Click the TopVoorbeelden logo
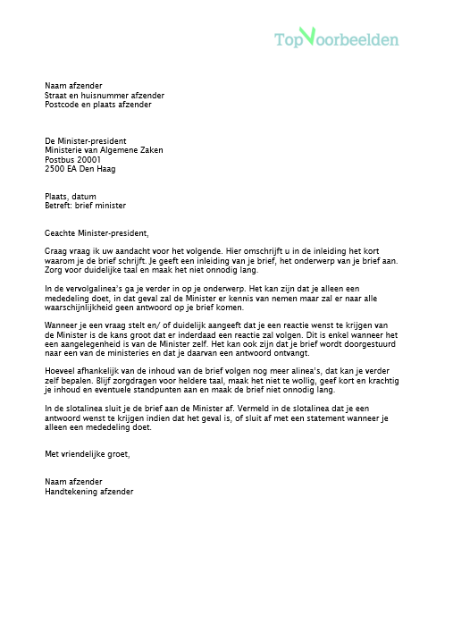point(336,38)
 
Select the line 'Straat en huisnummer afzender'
point(104,95)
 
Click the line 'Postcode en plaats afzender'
point(98,104)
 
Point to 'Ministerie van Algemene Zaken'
point(104,150)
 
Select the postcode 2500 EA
point(61,168)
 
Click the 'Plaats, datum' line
point(71,196)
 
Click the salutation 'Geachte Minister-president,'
point(103,232)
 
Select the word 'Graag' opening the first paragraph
point(55,251)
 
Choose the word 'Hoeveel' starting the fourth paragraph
point(61,371)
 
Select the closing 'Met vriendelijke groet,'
point(87,454)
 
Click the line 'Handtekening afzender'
point(88,491)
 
